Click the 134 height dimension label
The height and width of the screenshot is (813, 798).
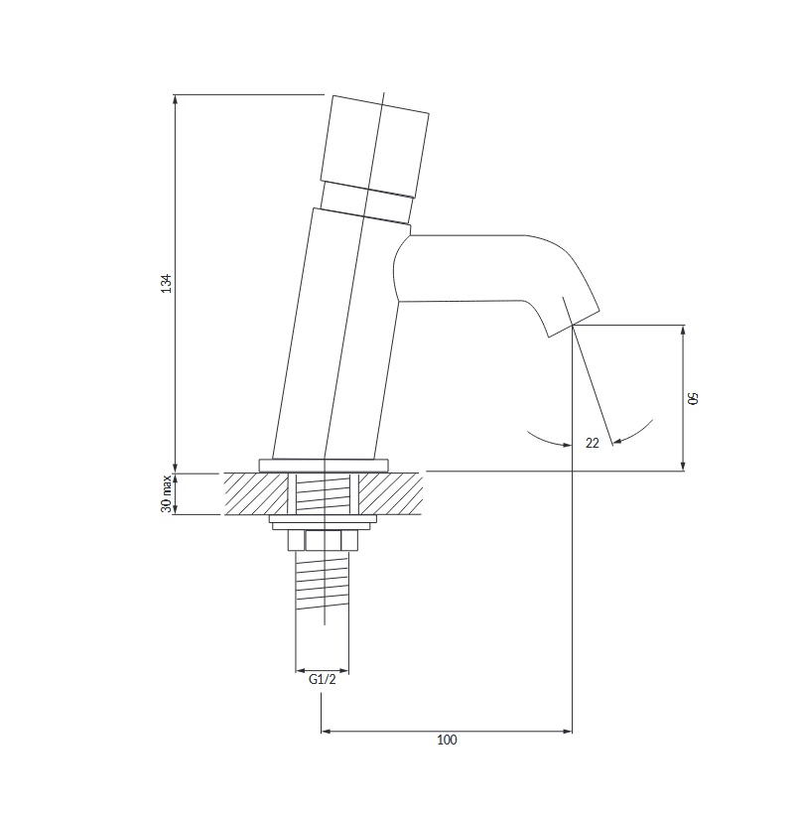point(166,283)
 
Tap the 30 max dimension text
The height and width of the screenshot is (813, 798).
point(167,493)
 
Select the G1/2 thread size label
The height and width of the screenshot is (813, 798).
point(322,679)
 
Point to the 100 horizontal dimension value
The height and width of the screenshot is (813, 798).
point(447,740)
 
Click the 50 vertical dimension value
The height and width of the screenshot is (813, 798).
point(693,398)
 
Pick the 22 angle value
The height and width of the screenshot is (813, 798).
point(593,443)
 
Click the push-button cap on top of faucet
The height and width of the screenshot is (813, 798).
point(375,146)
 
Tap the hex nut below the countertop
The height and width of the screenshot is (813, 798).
point(323,541)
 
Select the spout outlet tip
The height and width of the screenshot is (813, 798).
point(574,324)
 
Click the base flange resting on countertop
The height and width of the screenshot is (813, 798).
point(324,466)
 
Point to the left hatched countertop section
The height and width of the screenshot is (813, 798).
point(256,493)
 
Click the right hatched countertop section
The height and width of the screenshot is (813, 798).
point(390,493)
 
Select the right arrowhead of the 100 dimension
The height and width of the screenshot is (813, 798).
point(567,731)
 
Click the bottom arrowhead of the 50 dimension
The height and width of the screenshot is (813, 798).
point(683,466)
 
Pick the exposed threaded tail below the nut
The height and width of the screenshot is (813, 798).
point(322,581)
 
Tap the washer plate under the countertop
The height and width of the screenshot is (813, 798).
point(323,522)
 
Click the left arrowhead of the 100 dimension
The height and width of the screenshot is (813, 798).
point(327,731)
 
